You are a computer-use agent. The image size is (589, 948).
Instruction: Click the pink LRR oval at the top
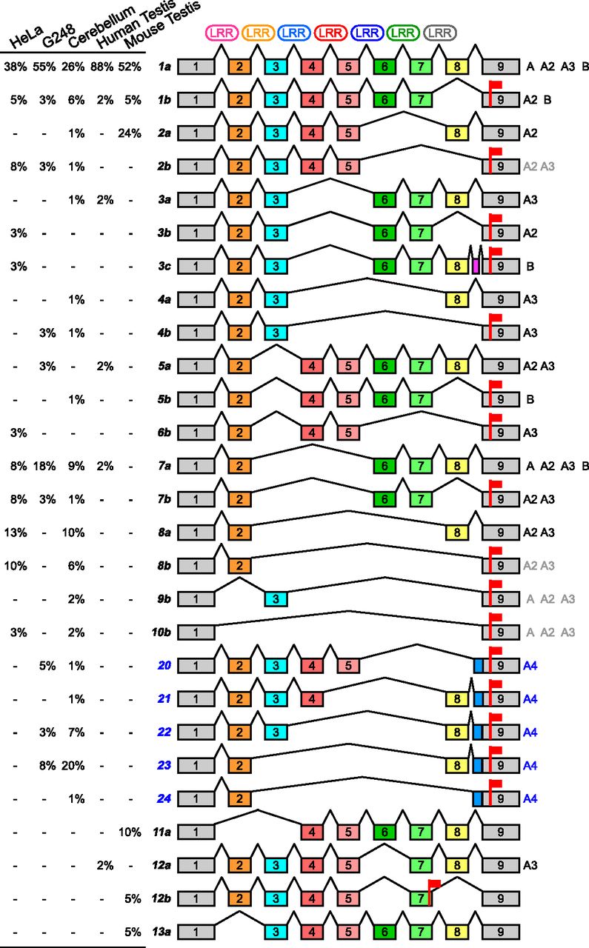(222, 33)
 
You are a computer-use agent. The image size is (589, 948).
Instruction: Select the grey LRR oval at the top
(440, 33)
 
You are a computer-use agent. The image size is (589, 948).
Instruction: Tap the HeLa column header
(26, 37)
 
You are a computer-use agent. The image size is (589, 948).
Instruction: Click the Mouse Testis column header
(162, 24)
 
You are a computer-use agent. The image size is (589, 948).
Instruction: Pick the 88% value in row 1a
(102, 67)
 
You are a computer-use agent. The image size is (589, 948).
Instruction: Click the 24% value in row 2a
(130, 134)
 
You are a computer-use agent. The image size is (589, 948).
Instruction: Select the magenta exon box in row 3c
(476, 266)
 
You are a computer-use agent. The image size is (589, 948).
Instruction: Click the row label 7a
(164, 466)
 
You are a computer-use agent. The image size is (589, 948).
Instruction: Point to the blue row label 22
(164, 732)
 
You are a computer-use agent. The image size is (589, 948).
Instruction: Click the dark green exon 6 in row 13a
(385, 932)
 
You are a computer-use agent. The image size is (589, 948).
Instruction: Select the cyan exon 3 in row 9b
(276, 599)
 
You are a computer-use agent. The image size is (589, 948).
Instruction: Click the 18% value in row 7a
(44, 466)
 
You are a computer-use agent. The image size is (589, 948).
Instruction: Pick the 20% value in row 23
(73, 765)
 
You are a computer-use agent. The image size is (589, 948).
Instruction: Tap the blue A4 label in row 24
(530, 798)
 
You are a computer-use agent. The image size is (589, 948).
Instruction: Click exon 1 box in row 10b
(196, 632)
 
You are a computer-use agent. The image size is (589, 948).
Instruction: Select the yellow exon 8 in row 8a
(457, 533)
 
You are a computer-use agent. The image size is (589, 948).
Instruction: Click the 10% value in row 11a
(130, 832)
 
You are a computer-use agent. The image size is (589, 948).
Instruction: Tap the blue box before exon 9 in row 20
(478, 666)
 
